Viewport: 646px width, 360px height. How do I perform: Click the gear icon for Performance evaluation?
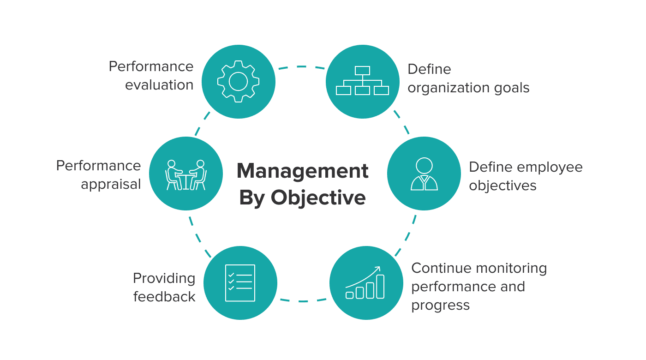[x=238, y=82]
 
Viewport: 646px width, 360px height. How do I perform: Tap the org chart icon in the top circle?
[x=362, y=81]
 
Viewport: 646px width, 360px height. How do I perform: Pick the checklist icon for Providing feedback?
[x=240, y=283]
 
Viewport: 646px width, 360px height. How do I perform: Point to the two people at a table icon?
[x=185, y=174]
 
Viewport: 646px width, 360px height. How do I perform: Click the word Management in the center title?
[x=303, y=171]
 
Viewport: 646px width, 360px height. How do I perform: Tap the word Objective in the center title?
[x=318, y=198]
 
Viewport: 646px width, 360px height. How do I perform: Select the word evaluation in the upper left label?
[x=159, y=85]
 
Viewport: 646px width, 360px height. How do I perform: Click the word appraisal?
[x=111, y=184]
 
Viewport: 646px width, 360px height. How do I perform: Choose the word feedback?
[x=164, y=296]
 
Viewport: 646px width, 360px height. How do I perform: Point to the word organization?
[x=447, y=88]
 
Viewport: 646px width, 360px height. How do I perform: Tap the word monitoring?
[x=511, y=268]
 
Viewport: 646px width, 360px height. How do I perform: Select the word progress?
[x=440, y=305]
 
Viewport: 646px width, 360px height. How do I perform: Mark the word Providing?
[x=164, y=278]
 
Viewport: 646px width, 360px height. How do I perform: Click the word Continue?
[x=441, y=268]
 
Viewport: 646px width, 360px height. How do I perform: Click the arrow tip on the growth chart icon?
[x=379, y=267]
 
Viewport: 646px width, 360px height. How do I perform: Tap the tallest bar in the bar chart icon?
[x=380, y=287]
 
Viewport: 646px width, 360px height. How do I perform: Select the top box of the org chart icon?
[x=362, y=71]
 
